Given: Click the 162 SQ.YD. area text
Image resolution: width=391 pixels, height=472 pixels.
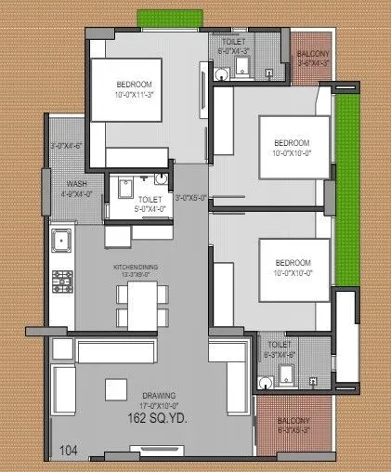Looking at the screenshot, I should coord(157,419).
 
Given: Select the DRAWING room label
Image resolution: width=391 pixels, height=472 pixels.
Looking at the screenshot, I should coord(157,396).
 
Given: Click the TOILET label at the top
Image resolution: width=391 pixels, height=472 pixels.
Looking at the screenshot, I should coord(233,44).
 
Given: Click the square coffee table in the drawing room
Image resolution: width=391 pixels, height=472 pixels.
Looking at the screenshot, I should coord(117,387).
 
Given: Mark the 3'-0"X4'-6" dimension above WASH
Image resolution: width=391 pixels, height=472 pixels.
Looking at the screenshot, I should coord(65,145).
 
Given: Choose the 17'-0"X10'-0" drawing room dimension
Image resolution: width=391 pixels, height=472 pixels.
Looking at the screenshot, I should coord(157,407).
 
